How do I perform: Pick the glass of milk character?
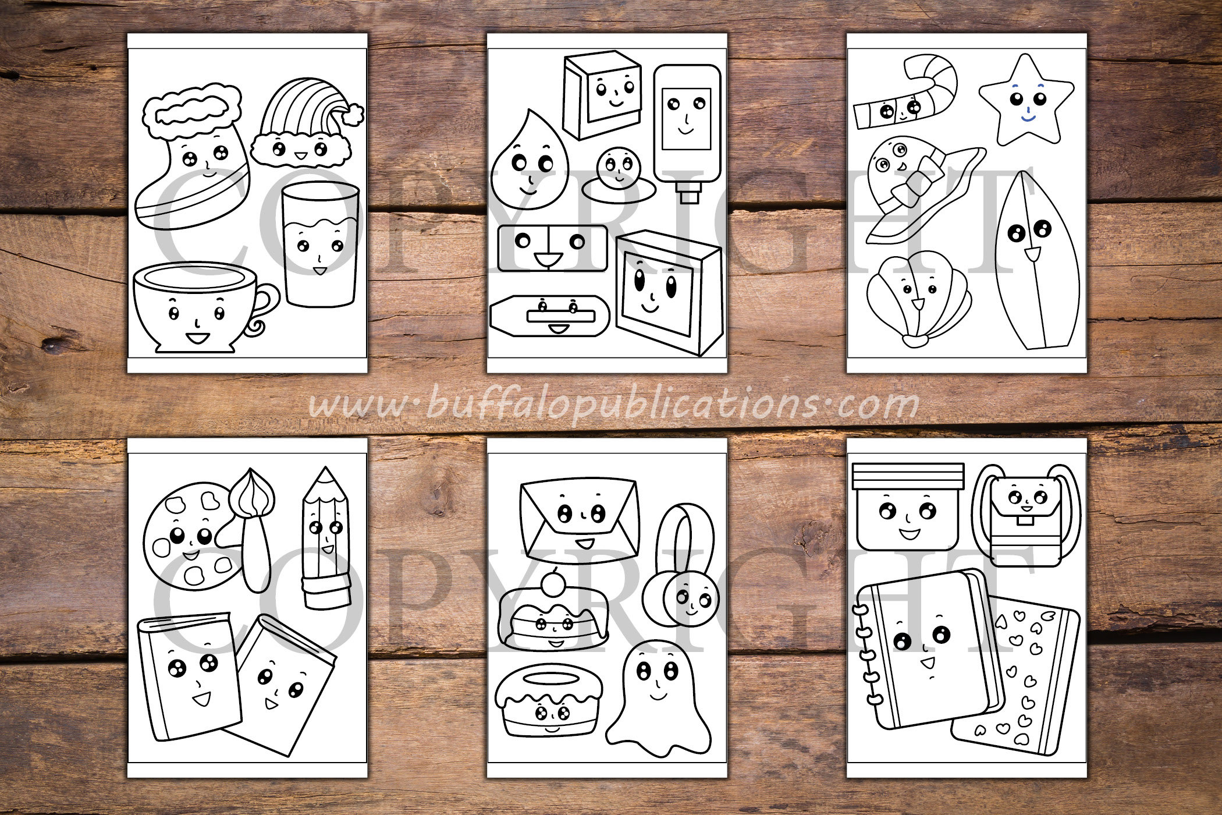[319, 245]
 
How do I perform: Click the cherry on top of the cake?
[553, 583]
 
